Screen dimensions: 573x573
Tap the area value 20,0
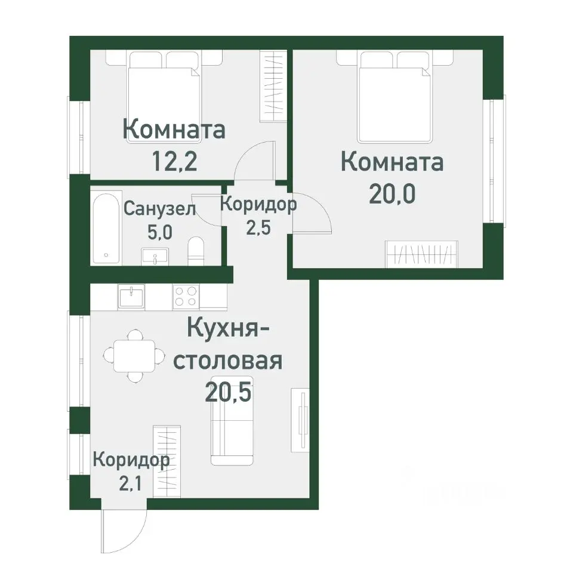click(x=392, y=194)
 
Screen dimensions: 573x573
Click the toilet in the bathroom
click(x=196, y=251)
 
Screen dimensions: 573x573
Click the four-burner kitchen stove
click(x=186, y=296)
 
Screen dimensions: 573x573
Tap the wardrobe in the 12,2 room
click(x=275, y=87)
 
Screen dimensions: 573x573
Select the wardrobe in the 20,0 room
click(x=421, y=253)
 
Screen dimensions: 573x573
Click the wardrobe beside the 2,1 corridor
click(x=167, y=460)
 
